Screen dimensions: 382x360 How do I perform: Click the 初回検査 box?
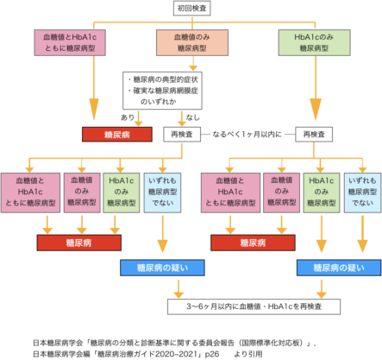pos(192,8)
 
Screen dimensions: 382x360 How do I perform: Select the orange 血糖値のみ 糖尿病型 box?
pos(192,42)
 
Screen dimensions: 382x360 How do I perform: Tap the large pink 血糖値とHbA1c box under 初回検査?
pos(70,42)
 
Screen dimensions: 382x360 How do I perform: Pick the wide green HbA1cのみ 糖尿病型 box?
pos(315,42)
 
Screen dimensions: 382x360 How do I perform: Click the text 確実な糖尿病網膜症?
pos(166,91)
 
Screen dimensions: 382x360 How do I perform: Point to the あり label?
pos(128,117)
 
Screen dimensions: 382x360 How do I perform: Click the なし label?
pos(192,117)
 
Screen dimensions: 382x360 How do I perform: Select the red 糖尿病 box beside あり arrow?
pos(117,135)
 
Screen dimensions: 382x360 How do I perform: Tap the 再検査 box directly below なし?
pos(182,135)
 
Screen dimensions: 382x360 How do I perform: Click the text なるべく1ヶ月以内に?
pos(247,135)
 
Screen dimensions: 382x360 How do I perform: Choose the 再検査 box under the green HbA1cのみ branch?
pos(314,135)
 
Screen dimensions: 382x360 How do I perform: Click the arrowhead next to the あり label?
pos(139,123)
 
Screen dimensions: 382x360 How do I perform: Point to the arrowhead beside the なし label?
pos(182,123)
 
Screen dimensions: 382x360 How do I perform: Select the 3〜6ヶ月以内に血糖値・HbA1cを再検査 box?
pos(254,306)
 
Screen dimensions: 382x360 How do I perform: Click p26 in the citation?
pos(212,354)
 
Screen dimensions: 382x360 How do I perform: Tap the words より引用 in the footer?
pos(248,354)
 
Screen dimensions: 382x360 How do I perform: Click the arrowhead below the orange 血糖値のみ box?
pos(193,67)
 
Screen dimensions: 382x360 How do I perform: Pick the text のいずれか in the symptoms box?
pos(159,102)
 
